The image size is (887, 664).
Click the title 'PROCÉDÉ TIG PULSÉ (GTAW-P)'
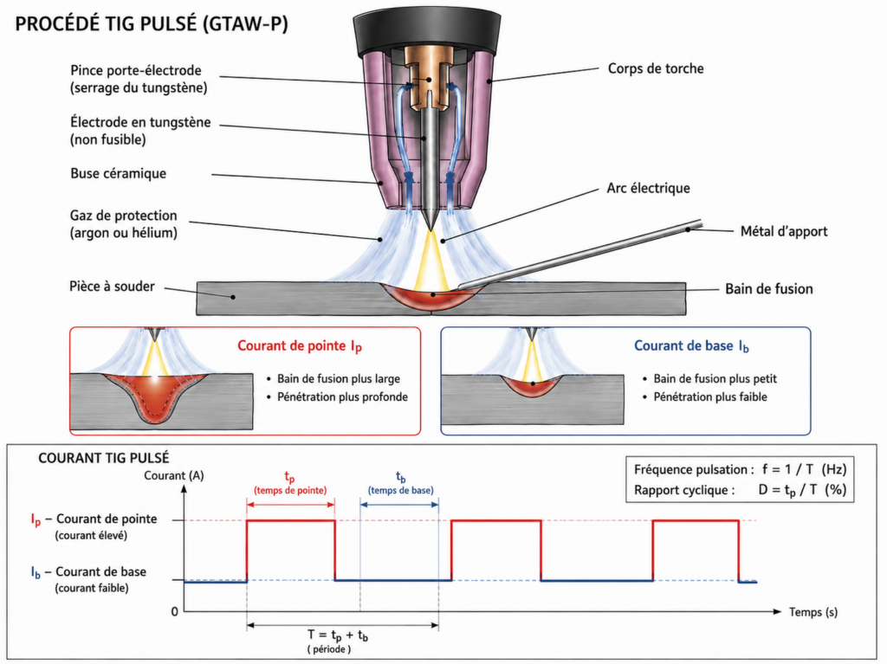[152, 24]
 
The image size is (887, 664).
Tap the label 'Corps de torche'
[656, 68]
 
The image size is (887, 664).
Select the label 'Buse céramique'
[118, 174]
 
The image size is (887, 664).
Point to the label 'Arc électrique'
[648, 189]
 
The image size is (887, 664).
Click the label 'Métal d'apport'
[783, 231]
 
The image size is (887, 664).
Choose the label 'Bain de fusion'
[769, 289]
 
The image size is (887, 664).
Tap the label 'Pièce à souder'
[112, 287]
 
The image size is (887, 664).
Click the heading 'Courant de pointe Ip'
[300, 346]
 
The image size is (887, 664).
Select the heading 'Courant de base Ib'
[691, 346]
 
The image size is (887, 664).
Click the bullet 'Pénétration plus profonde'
[342, 397]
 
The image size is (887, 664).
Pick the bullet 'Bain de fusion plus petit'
[715, 379]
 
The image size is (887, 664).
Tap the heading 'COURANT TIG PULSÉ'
[104, 458]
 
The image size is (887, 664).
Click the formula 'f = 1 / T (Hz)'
[805, 469]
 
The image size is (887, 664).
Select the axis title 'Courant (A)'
[173, 475]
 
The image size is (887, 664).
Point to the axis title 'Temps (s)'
[813, 612]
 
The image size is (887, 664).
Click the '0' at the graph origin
[174, 611]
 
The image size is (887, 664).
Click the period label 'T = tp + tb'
[338, 636]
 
